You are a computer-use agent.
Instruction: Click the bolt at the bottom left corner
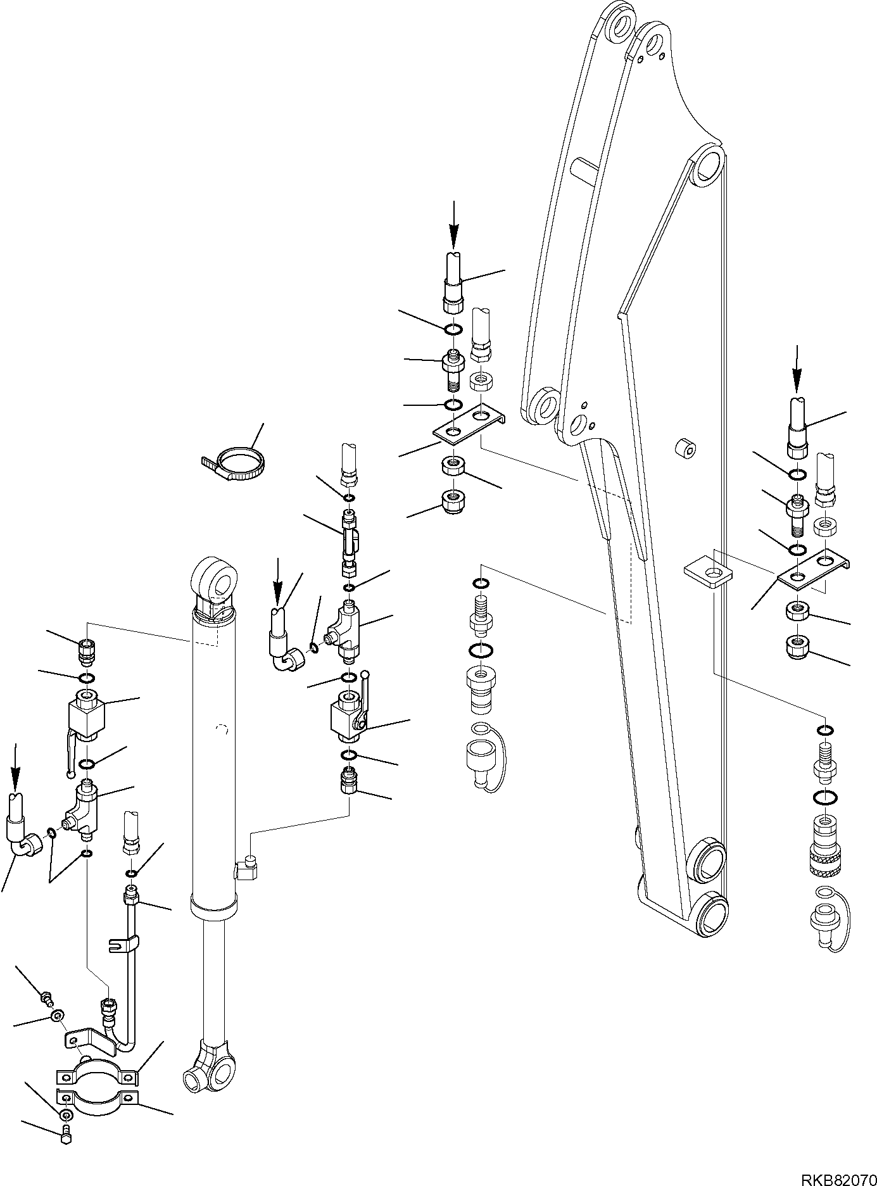(66, 1156)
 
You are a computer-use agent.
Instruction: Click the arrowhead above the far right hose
(796, 383)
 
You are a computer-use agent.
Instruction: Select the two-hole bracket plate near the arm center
(469, 423)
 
